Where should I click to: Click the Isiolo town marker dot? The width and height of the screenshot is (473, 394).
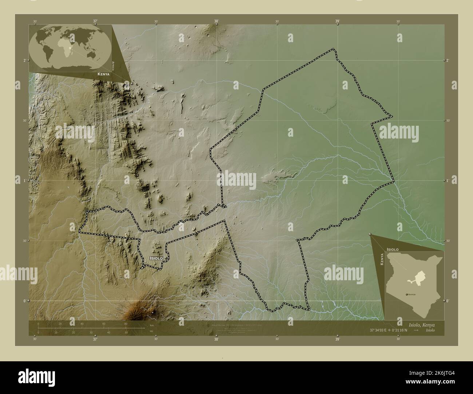(x=166, y=258)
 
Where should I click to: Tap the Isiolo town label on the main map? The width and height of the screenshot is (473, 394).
(x=156, y=258)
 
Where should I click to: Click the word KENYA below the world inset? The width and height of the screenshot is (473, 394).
(x=103, y=74)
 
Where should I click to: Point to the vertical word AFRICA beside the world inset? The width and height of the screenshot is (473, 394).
(x=114, y=65)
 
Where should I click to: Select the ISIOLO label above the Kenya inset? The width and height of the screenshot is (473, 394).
(x=393, y=249)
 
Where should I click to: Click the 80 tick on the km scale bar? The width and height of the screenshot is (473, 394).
(x=126, y=323)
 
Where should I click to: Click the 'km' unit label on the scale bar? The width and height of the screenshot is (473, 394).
(x=151, y=325)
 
